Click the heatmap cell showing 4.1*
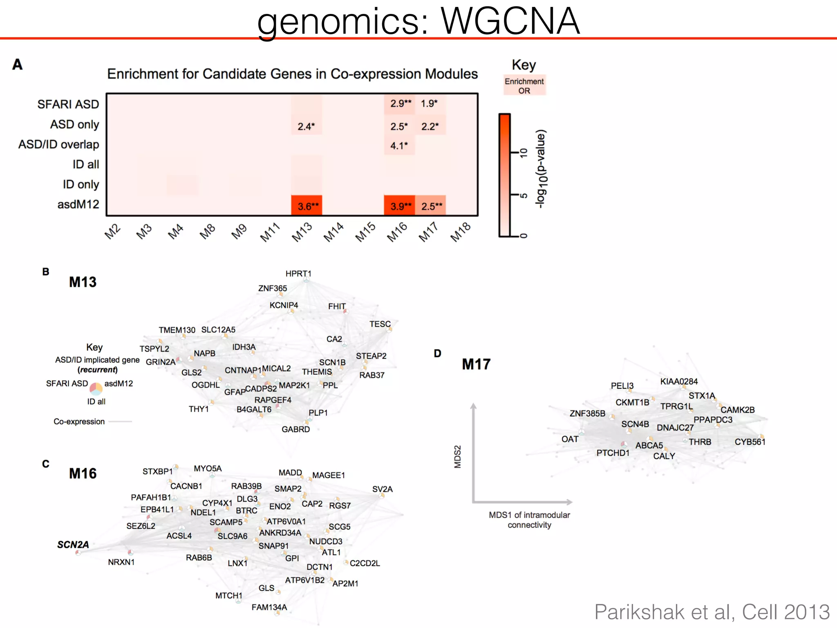(x=399, y=146)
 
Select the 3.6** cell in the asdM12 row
(x=307, y=206)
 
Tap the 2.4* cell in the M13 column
(x=306, y=126)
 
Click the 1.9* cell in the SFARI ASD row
(x=430, y=103)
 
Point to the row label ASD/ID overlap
(x=59, y=144)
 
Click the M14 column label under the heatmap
(x=333, y=232)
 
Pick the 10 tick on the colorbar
(x=524, y=153)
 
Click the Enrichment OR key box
(x=524, y=86)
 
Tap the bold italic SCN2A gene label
(x=73, y=545)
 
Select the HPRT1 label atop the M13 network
(x=298, y=274)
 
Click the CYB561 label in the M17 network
(x=750, y=442)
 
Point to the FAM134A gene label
(x=269, y=607)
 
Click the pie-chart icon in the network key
(x=96, y=388)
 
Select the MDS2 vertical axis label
(x=458, y=457)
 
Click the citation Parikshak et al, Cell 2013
(x=712, y=612)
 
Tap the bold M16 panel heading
(x=83, y=473)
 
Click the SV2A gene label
(x=382, y=489)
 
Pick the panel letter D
(x=438, y=353)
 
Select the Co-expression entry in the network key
(x=79, y=422)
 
